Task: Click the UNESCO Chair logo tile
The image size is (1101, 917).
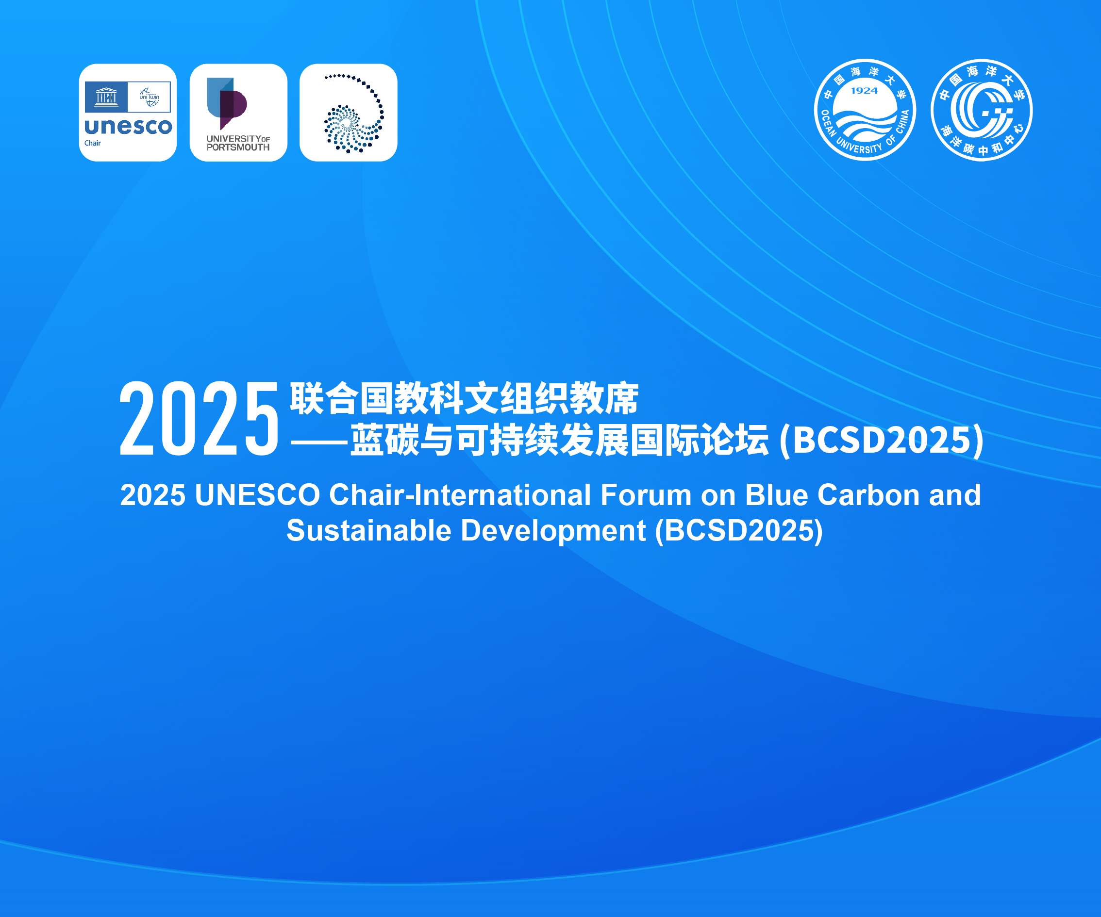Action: (x=128, y=113)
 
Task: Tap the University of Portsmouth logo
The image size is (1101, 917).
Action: (x=238, y=113)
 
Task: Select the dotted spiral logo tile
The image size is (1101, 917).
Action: (x=349, y=113)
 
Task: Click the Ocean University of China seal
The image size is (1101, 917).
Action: (x=865, y=110)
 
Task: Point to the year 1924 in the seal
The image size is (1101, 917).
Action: (x=864, y=91)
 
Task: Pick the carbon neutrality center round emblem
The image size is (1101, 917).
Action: (x=982, y=110)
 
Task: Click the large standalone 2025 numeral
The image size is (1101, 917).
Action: (x=199, y=418)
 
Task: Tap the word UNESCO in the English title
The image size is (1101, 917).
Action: (x=257, y=495)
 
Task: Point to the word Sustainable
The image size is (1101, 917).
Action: (x=369, y=530)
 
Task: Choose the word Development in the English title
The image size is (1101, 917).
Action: (x=553, y=531)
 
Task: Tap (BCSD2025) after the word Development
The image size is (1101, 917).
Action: (x=739, y=531)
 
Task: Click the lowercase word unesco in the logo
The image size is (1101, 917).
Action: (x=129, y=127)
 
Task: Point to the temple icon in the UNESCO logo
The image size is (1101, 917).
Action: (x=106, y=97)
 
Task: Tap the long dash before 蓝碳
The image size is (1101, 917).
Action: (x=319, y=443)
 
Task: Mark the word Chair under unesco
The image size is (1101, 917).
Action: (x=92, y=143)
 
